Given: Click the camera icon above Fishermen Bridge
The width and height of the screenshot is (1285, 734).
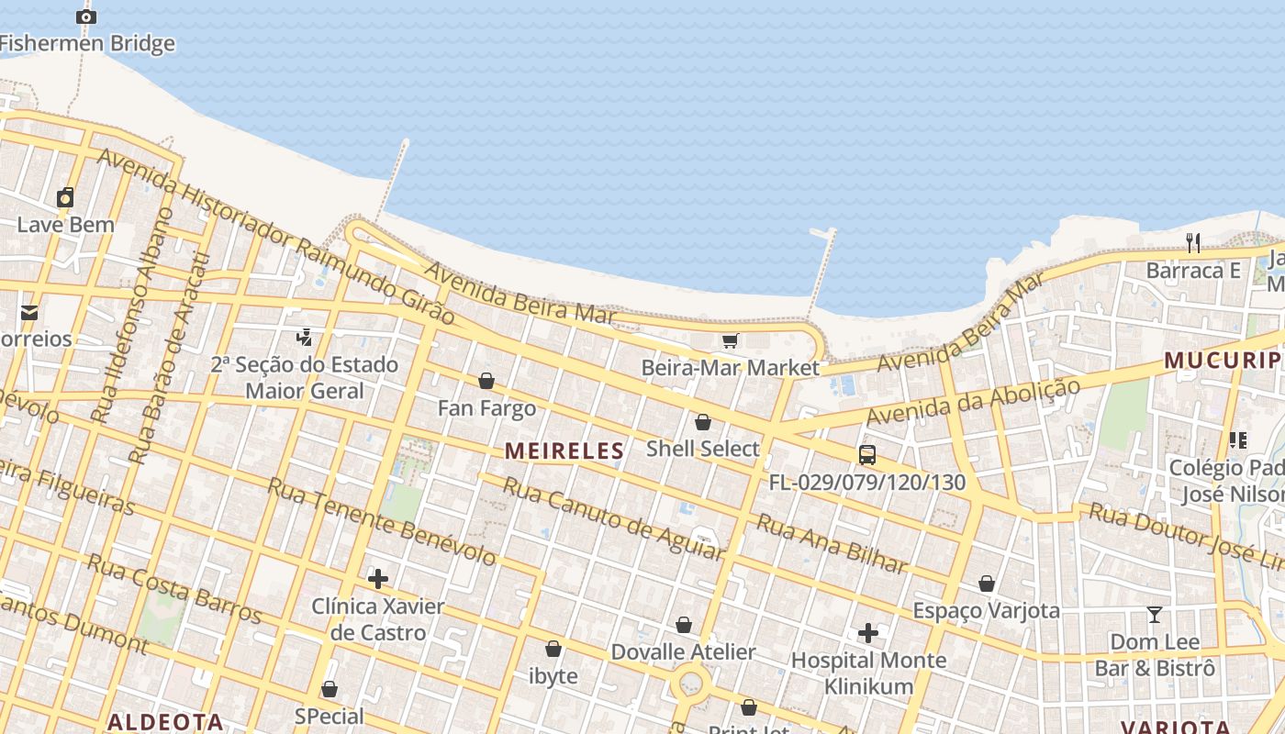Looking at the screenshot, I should coord(85,17).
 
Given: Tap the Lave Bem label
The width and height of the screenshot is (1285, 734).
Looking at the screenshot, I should coord(66,225).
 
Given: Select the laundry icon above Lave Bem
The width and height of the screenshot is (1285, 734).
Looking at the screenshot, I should coord(65,197).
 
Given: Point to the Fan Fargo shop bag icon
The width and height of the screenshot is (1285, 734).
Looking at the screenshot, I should coord(486,381).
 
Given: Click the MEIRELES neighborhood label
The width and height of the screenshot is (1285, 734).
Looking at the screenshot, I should coord(564,450).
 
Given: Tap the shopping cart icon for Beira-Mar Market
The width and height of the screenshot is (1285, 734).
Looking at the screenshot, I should coord(730,341).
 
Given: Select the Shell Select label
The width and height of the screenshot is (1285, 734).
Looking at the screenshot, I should coord(703,449).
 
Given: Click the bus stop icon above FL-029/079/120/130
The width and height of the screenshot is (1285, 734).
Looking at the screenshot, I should coord(866,454).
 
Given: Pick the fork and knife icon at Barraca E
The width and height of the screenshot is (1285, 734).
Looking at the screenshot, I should coord(1193,243).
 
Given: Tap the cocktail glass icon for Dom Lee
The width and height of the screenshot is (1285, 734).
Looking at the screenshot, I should coord(1155,615).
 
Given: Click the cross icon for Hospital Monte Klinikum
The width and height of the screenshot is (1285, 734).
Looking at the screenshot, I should coord(868,633).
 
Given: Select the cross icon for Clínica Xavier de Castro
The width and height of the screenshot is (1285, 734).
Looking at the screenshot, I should coord(377,579).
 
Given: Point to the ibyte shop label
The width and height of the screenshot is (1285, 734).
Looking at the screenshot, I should coord(553,676).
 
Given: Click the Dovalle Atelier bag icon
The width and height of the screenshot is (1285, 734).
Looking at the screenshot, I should coord(684,626).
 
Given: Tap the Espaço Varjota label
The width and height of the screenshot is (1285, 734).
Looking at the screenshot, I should coord(986,611).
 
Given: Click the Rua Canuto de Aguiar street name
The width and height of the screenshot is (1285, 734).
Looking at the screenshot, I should coord(613,518).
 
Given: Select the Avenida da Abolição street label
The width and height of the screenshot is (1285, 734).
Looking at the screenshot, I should coord(973,402).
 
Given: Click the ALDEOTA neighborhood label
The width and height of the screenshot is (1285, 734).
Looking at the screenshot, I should coord(165,722).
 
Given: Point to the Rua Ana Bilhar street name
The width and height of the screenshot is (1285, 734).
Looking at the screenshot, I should coord(832,544).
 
